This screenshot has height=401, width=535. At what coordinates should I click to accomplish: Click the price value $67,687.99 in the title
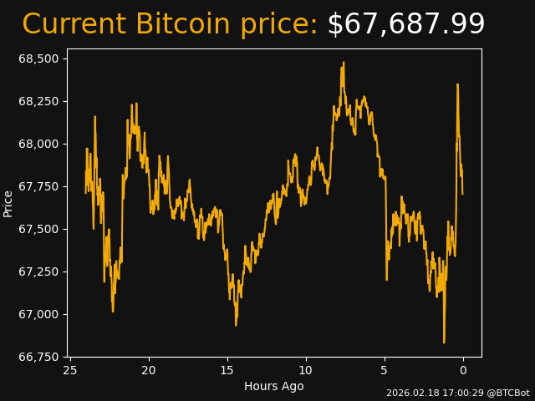[x=405, y=25]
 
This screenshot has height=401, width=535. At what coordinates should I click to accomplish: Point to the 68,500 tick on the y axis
[x=39, y=58]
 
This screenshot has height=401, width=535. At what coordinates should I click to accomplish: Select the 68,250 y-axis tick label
[x=39, y=101]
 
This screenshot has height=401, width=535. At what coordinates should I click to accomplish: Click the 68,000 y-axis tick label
[x=39, y=144]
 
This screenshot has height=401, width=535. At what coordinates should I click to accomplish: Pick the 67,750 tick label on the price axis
[x=39, y=186]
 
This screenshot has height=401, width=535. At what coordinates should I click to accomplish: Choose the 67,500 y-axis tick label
[x=39, y=229]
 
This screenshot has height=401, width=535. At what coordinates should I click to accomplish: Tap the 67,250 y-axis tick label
[x=39, y=272]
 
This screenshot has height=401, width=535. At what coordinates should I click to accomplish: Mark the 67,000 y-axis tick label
[x=39, y=314]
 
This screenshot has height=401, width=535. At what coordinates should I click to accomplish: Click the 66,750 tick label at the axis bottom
[x=39, y=357]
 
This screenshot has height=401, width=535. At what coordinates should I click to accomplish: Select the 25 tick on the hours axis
[x=70, y=370]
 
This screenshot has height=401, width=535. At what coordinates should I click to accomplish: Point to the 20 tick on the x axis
[x=149, y=370]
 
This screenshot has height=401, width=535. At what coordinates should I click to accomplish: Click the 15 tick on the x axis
[x=227, y=370]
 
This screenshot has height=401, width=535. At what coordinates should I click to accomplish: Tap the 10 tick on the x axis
[x=306, y=370]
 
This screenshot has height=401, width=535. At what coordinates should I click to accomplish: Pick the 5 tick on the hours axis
[x=385, y=370]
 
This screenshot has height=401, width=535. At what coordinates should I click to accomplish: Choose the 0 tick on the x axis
[x=463, y=370]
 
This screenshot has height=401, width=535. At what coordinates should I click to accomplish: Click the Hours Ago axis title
[x=273, y=386]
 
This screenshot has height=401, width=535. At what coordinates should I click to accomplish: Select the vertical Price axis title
[x=8, y=203]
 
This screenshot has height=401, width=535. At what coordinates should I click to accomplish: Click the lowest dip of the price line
[x=444, y=342]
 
